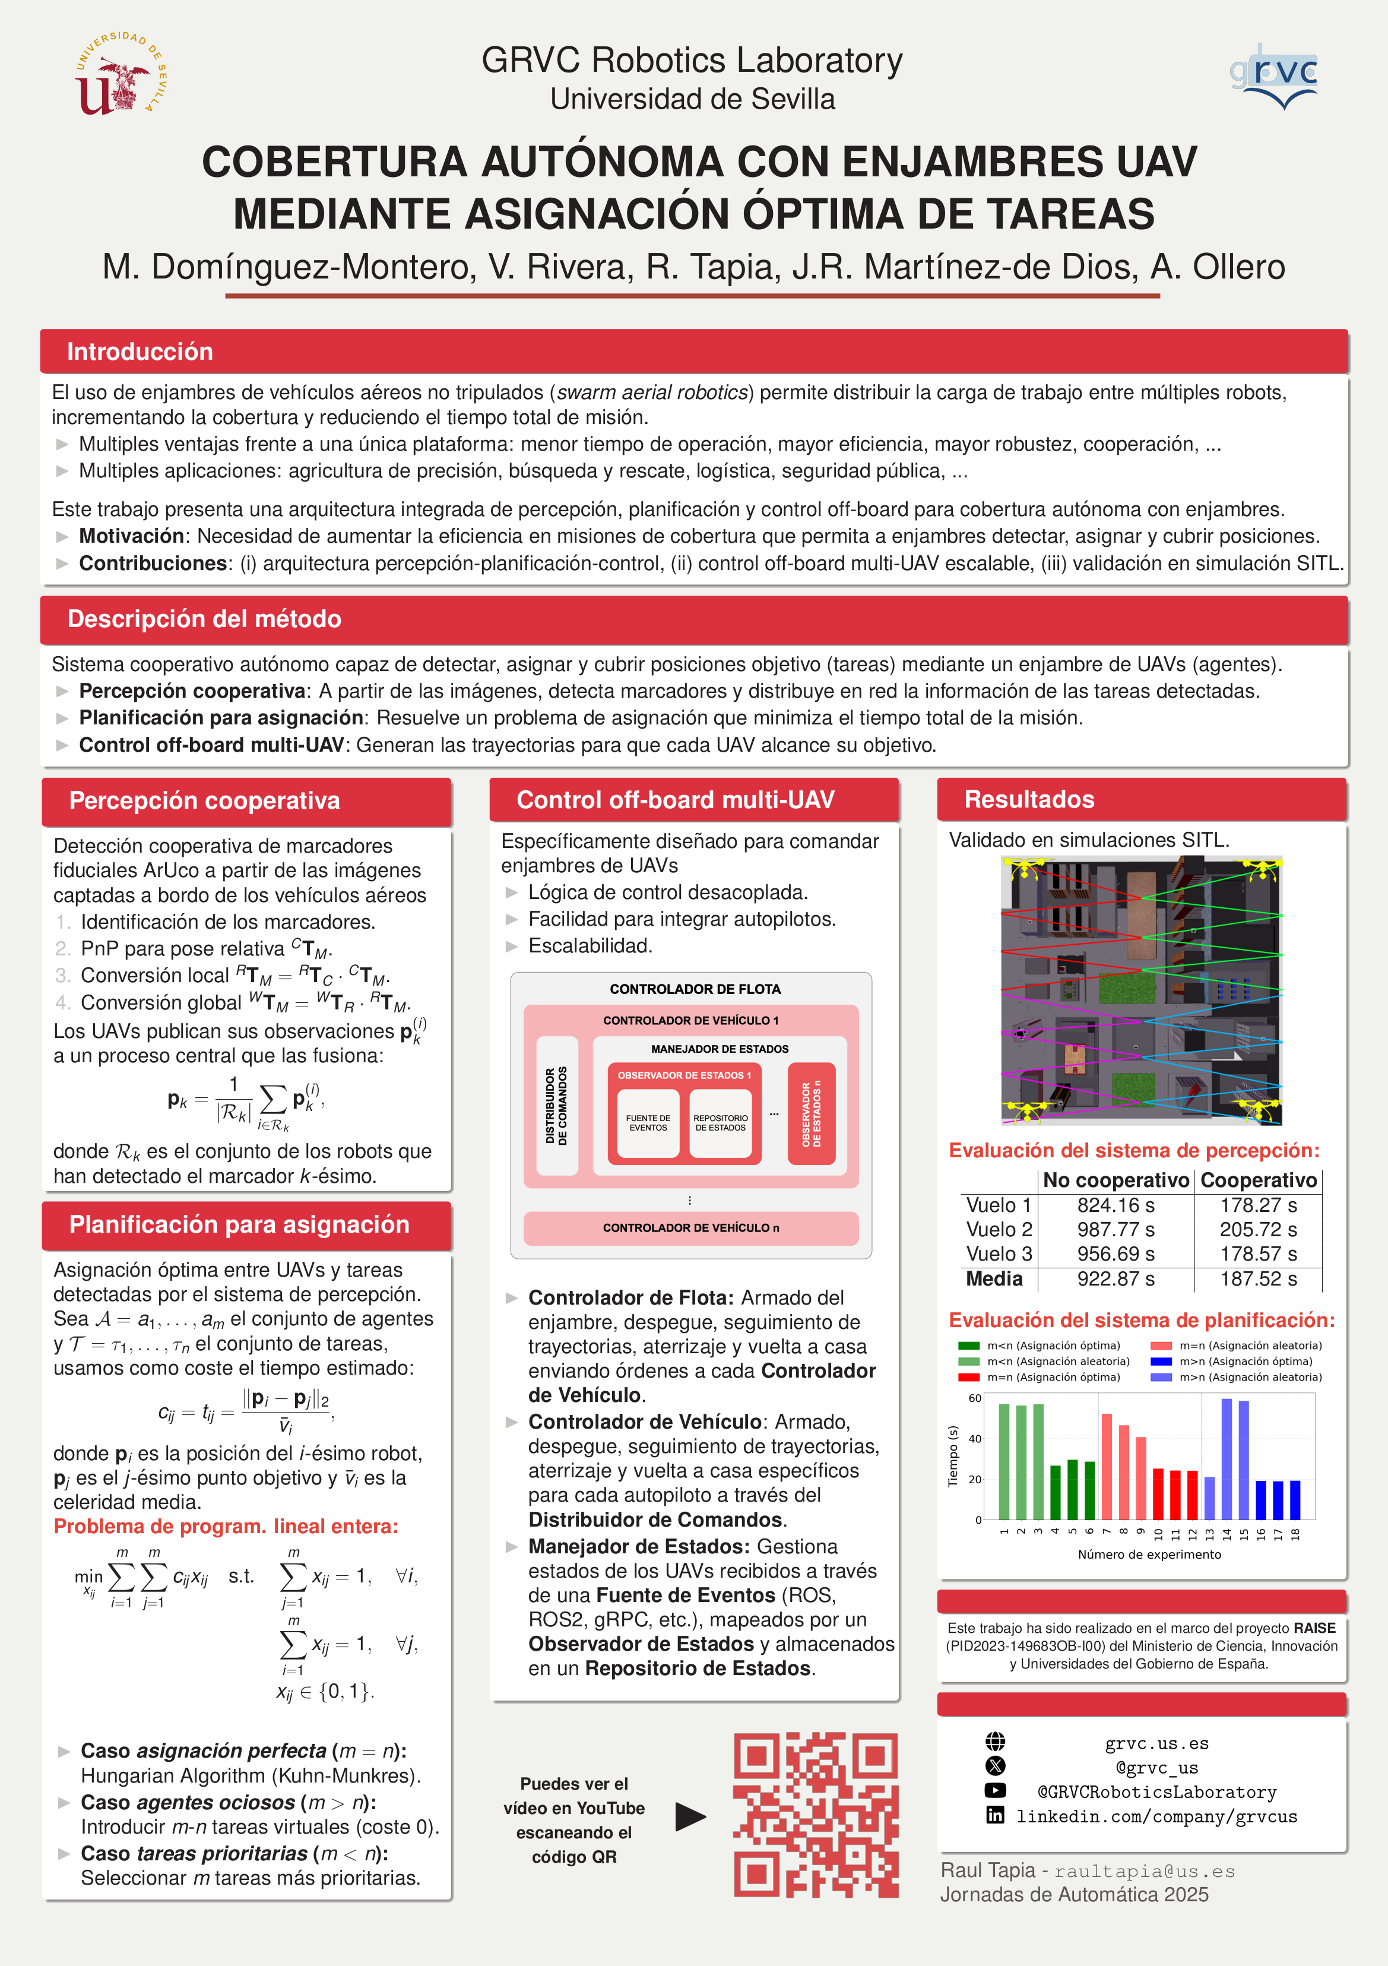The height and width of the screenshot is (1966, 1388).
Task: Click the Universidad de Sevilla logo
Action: click(120, 74)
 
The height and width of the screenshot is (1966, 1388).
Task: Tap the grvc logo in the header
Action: click(1273, 76)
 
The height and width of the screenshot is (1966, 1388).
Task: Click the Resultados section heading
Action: click(1029, 799)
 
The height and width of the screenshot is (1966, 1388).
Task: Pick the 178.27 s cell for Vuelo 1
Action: click(1258, 1205)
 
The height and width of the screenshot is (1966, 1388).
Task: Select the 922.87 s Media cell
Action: click(1115, 1279)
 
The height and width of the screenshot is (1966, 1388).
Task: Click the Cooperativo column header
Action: click(1258, 1180)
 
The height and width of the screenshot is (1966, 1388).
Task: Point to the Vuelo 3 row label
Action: click(999, 1253)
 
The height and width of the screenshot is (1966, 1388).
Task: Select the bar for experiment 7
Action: click(1106, 1466)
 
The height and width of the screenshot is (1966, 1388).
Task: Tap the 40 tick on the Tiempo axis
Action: click(975, 1439)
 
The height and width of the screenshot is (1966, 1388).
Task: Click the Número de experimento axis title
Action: click(1149, 1554)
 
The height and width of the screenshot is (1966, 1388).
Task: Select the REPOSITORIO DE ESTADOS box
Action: click(720, 1123)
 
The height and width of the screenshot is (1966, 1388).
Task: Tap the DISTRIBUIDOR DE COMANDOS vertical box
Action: click(557, 1106)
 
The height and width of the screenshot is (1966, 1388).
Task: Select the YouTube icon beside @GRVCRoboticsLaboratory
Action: click(995, 1790)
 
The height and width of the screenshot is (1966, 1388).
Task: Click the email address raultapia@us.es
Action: click(1144, 1871)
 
